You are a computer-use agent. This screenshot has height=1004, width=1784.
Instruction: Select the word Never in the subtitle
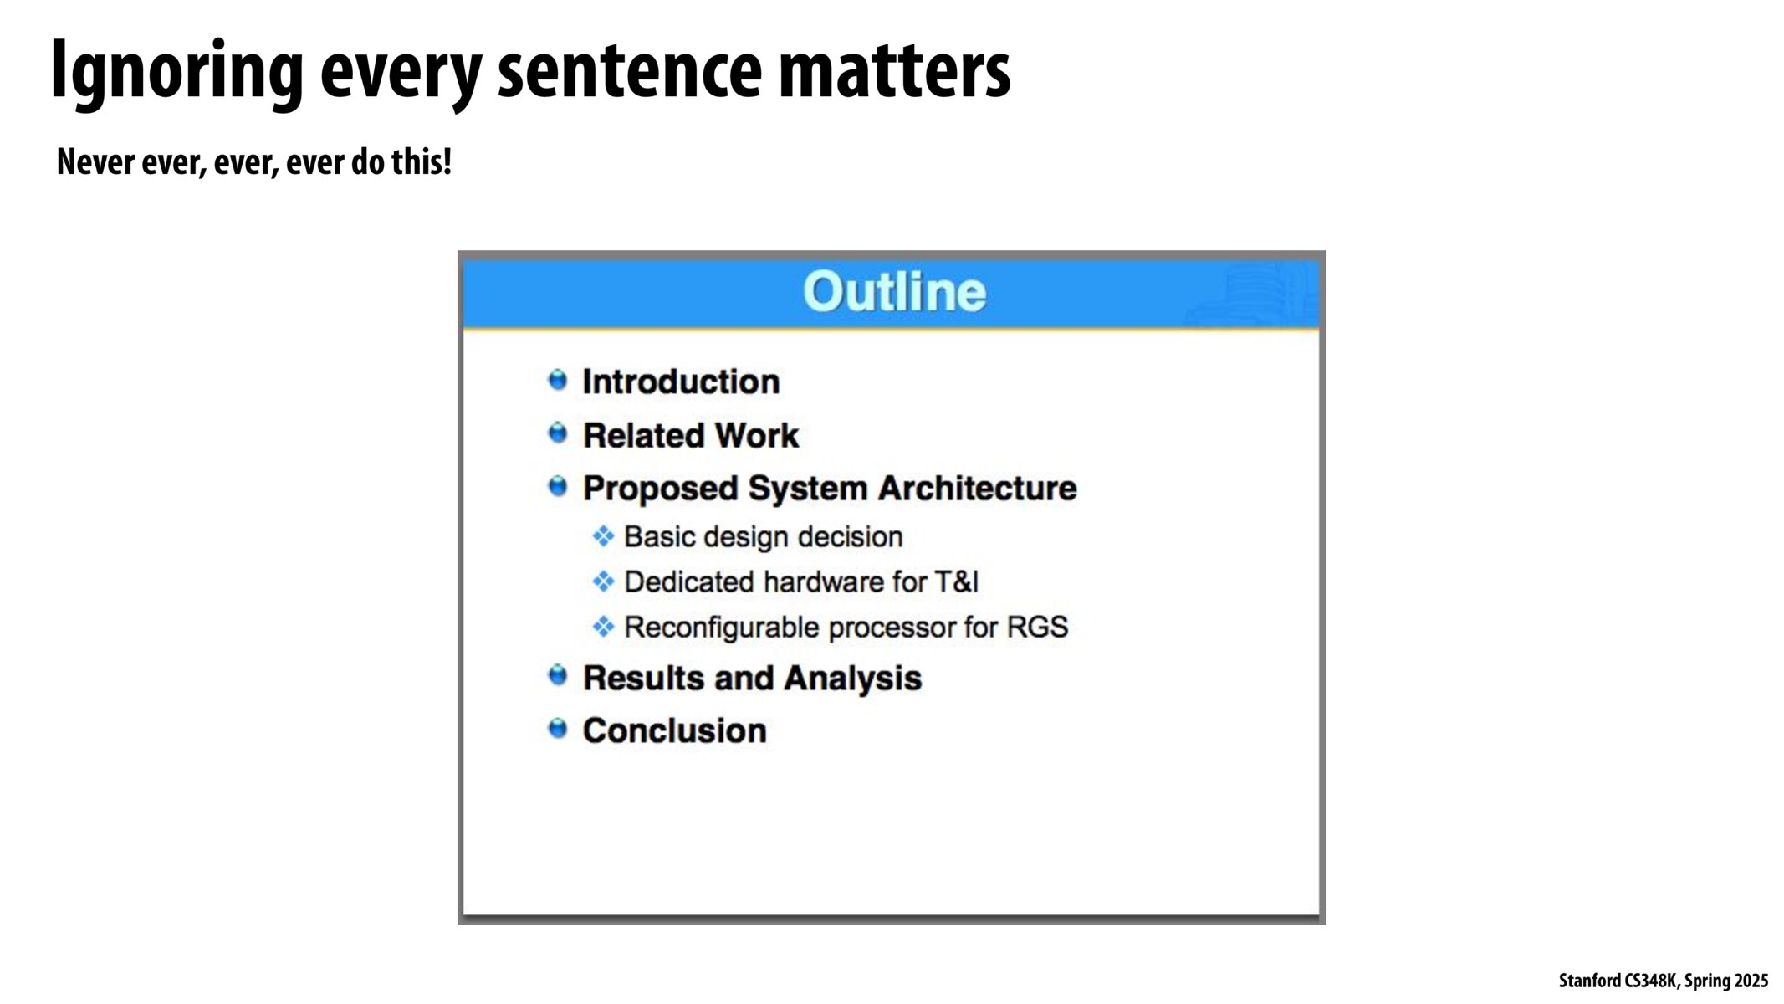tap(95, 161)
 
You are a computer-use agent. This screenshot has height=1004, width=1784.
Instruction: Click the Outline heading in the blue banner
tap(894, 292)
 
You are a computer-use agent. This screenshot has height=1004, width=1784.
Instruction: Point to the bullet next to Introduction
tap(557, 380)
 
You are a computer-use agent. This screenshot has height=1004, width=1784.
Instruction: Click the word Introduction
tap(681, 382)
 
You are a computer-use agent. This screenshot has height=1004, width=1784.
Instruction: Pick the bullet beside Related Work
tap(557, 433)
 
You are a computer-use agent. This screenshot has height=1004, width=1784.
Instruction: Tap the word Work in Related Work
tap(757, 436)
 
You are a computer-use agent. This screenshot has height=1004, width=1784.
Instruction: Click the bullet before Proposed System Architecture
tap(557, 486)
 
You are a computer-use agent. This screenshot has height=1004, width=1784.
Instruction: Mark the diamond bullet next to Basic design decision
tap(603, 535)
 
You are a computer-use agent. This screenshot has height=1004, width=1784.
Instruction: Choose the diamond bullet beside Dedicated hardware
tap(603, 581)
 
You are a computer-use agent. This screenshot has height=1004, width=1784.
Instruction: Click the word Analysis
tap(852, 679)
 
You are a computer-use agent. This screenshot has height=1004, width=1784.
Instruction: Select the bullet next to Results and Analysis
tap(557, 675)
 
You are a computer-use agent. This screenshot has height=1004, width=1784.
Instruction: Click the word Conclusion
tap(674, 730)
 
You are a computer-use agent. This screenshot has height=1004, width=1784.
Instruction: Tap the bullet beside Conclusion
tap(557, 729)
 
